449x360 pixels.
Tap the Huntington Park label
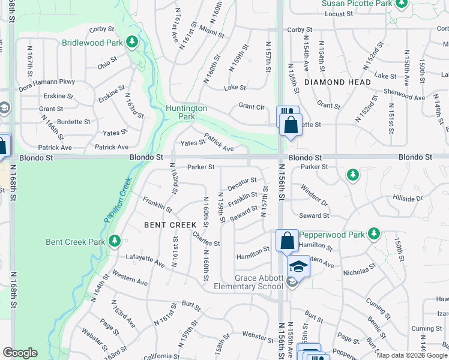point(187,112)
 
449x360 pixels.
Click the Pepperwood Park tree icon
point(374,233)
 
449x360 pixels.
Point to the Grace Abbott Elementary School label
point(259,282)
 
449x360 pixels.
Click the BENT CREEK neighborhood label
point(170,225)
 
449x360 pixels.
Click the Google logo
point(20,353)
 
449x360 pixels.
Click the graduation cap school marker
point(298,266)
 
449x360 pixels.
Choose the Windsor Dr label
point(315,193)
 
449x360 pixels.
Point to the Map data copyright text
point(411,355)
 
